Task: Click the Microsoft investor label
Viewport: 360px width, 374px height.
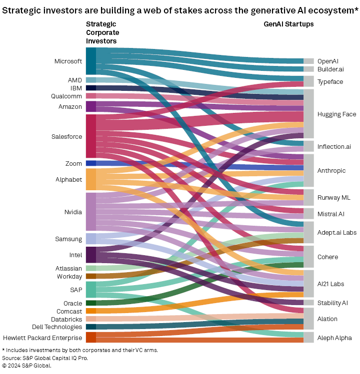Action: (68, 61)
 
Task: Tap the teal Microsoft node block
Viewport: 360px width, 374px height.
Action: (90, 61)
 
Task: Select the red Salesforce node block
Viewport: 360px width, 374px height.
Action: (90, 136)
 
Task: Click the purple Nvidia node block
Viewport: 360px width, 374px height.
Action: (90, 211)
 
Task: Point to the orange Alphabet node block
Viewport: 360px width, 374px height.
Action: (90, 179)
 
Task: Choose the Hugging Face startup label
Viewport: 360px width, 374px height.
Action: (336, 114)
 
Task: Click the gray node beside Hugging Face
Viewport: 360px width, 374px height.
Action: (308, 114)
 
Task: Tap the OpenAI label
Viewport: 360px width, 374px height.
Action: (327, 61)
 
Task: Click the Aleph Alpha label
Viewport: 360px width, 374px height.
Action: (334, 338)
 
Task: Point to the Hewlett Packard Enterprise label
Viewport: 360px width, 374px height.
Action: (42, 338)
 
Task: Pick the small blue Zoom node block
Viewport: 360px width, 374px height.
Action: (90, 163)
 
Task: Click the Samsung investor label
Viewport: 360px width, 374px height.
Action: (68, 239)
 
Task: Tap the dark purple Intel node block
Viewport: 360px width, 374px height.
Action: (90, 255)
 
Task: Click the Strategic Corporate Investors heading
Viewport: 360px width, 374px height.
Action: (102, 32)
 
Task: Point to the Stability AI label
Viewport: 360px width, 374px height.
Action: (332, 303)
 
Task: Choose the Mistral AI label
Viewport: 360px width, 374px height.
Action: (330, 214)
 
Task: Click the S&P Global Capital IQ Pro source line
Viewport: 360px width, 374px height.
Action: (37, 358)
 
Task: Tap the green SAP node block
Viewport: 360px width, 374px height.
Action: (90, 290)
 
